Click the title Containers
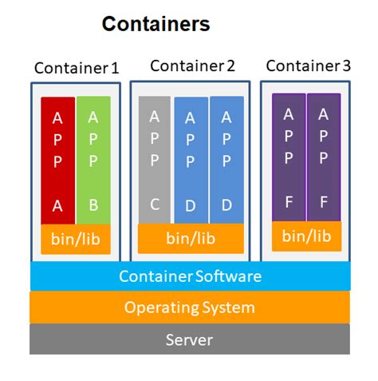tap(156, 24)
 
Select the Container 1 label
tap(77, 68)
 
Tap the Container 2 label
tap(192, 65)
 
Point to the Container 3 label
tap(308, 65)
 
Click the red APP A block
tap(57, 161)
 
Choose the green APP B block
tap(93, 161)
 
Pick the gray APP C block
tap(155, 160)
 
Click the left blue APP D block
tap(191, 161)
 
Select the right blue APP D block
tap(226, 160)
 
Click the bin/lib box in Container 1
tap(75, 239)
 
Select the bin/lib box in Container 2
tap(191, 238)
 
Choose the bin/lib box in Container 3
tap(306, 236)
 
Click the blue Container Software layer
tap(190, 276)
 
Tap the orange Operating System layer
tap(190, 308)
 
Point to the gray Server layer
tap(190, 339)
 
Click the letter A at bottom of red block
tap(57, 205)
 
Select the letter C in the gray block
tap(155, 204)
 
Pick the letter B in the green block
tap(93, 205)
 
